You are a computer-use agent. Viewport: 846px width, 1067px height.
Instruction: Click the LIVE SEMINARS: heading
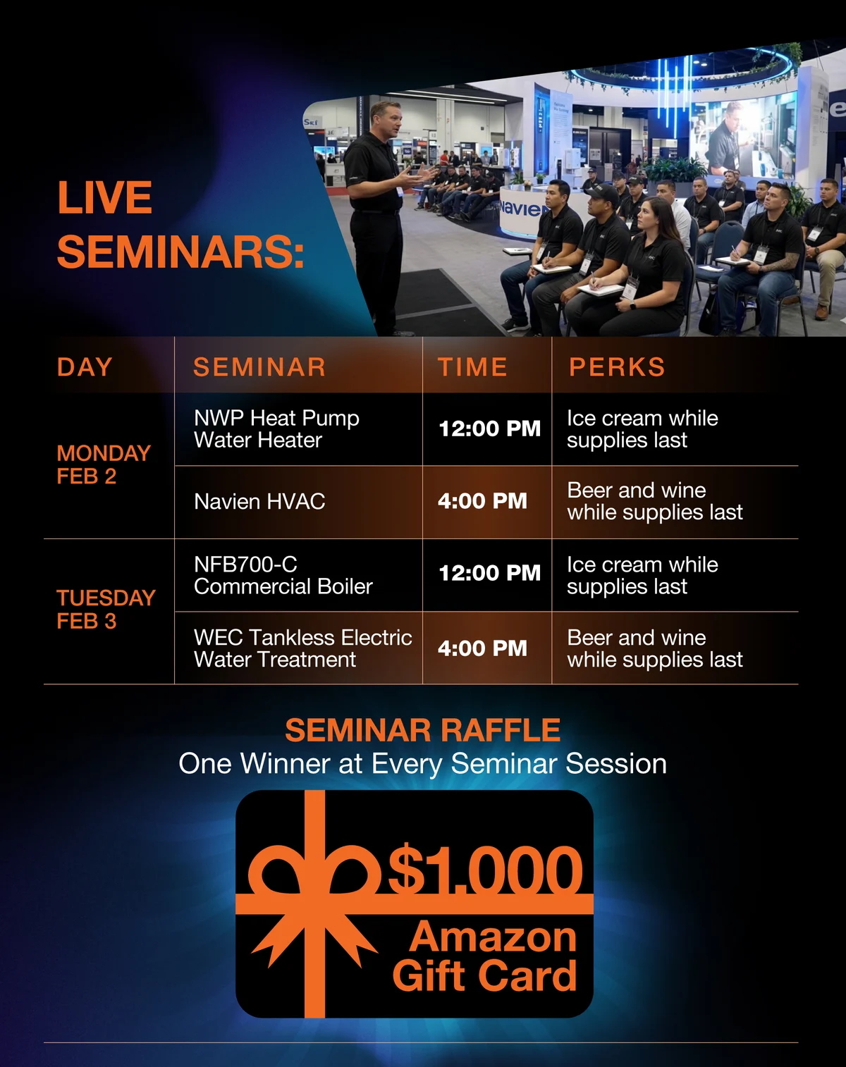tap(180, 224)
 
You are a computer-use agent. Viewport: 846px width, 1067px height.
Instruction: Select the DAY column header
tap(85, 366)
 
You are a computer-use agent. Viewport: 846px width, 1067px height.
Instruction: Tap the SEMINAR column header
tap(259, 366)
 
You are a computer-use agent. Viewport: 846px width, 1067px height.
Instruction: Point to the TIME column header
tap(472, 366)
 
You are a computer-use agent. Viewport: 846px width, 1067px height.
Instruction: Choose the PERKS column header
tap(617, 366)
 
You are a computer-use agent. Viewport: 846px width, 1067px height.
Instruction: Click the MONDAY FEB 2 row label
tap(104, 464)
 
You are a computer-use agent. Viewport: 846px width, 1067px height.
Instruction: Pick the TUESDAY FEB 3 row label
tap(106, 610)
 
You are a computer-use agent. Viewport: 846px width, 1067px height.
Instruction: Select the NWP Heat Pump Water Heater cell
tap(276, 429)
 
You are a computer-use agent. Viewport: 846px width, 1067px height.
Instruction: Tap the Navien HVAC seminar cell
tap(259, 502)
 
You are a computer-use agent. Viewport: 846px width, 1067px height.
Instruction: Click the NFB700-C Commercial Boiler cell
tap(283, 576)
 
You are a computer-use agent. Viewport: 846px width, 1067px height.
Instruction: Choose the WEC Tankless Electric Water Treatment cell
tap(302, 648)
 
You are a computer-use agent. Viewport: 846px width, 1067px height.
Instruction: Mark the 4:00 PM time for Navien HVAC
tap(482, 502)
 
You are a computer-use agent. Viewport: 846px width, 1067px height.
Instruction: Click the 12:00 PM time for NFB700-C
tap(489, 574)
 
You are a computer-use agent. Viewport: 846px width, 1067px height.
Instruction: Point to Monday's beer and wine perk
tap(654, 502)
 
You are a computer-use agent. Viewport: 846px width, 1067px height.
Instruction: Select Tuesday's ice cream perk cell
tap(642, 576)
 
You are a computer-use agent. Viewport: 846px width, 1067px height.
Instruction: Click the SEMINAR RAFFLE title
tap(422, 730)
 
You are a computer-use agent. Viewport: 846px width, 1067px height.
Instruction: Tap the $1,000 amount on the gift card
tap(485, 870)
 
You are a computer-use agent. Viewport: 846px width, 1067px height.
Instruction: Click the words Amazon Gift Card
tap(485, 957)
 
